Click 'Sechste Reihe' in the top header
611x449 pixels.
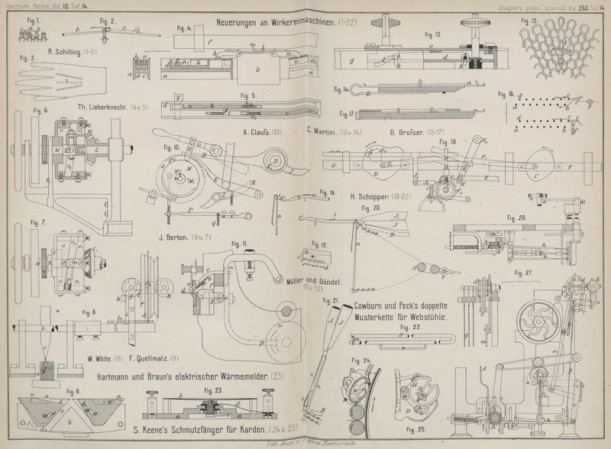(x=21, y=5)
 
